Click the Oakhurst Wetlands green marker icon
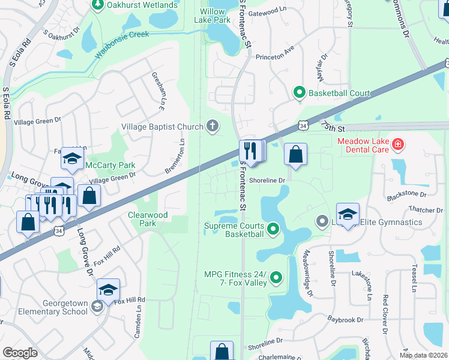tap(97, 5)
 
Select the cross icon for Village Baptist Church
tap(211, 127)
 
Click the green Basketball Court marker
tap(298, 93)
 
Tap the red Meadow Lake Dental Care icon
tap(397, 144)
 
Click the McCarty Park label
tap(110, 165)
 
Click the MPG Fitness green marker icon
tap(276, 277)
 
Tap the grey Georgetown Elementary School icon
tap(97, 308)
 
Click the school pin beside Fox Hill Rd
tap(108, 290)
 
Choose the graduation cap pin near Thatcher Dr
tap(348, 214)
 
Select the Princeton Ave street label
tap(274, 58)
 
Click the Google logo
tap(20, 353)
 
